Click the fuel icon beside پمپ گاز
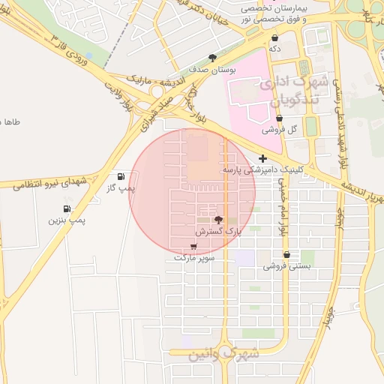click(121, 176)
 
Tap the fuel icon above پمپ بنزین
click(67, 208)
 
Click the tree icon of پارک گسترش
click(218, 220)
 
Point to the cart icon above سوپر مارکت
click(194, 246)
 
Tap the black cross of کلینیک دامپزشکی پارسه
click(262, 158)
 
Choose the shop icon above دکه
click(275, 37)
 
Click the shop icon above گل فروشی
click(279, 118)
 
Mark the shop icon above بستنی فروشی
click(286, 254)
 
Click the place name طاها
click(11, 121)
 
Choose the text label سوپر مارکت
click(194, 257)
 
